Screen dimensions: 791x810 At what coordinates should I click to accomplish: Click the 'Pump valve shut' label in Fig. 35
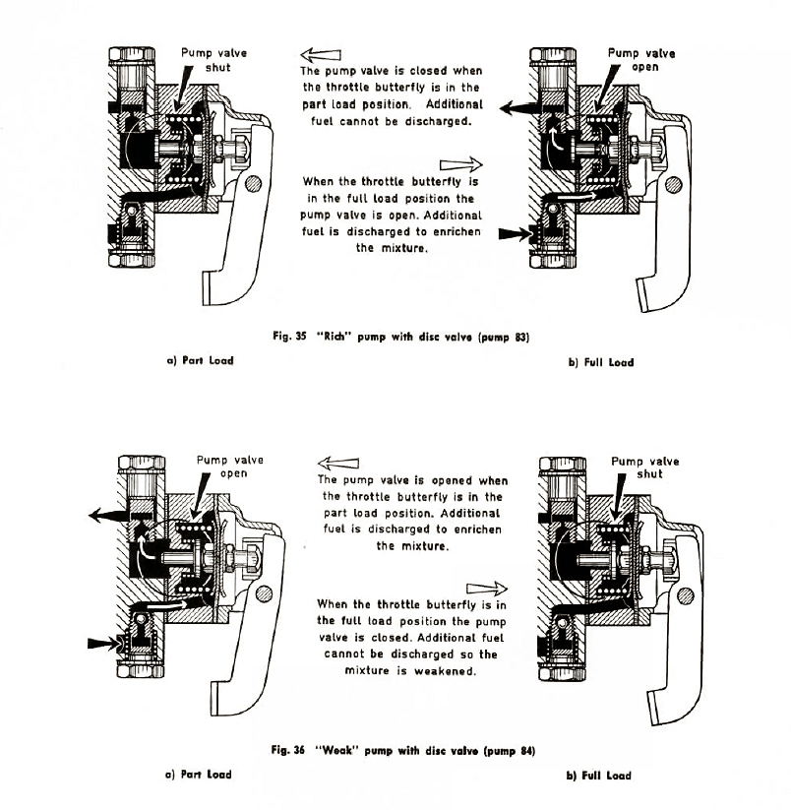213,60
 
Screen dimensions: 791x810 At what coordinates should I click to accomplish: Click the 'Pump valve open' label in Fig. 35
641,60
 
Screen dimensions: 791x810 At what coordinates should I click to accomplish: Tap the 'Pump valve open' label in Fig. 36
230,467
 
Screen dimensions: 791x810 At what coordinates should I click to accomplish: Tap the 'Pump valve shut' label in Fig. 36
644,467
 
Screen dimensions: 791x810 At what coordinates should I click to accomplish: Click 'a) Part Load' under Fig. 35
200,360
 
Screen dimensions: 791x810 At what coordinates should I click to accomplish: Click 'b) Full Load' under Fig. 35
601,362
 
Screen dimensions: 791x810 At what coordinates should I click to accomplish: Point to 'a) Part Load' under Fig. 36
199,775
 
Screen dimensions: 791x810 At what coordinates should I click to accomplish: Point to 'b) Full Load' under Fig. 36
599,776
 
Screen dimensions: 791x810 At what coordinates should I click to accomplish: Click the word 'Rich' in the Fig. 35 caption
334,337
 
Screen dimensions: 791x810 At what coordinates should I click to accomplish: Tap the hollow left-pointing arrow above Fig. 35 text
321,54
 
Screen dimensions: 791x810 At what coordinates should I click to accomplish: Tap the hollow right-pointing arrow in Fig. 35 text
461,164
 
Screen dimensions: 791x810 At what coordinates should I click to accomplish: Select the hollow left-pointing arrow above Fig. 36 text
338,463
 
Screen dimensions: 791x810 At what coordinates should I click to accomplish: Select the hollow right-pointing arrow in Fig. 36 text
487,589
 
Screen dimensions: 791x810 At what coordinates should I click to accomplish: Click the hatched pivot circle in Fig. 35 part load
253,183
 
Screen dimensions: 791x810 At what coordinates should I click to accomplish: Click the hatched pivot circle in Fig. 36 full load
685,595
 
